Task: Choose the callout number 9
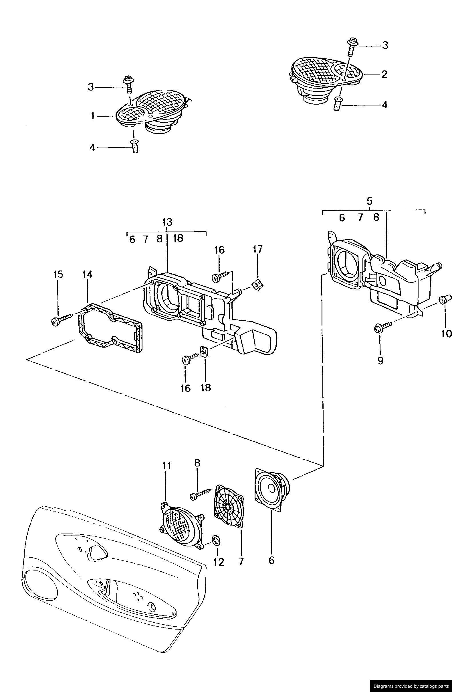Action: (380, 360)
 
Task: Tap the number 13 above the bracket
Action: (167, 222)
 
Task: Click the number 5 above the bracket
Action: (370, 201)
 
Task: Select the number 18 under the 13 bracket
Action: (178, 239)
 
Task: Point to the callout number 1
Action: (92, 116)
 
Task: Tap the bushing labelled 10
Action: (445, 299)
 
